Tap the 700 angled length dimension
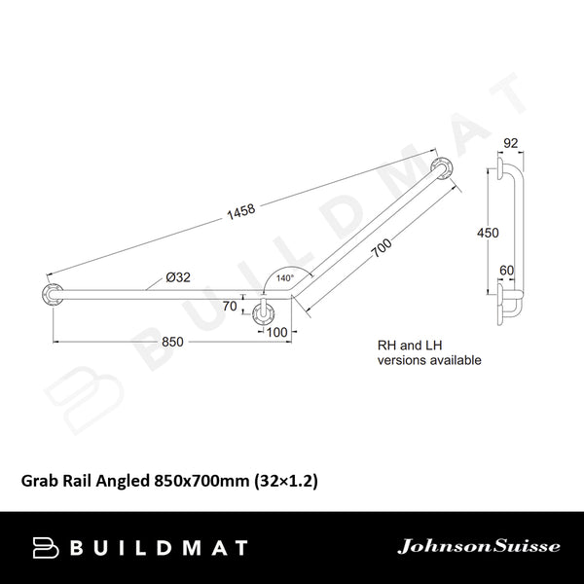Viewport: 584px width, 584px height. tap(383, 256)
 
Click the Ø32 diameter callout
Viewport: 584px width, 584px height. tap(177, 277)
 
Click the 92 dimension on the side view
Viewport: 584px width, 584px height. tap(508, 143)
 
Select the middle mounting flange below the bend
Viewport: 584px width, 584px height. tap(263, 313)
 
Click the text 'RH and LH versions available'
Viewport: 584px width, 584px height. tap(428, 352)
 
